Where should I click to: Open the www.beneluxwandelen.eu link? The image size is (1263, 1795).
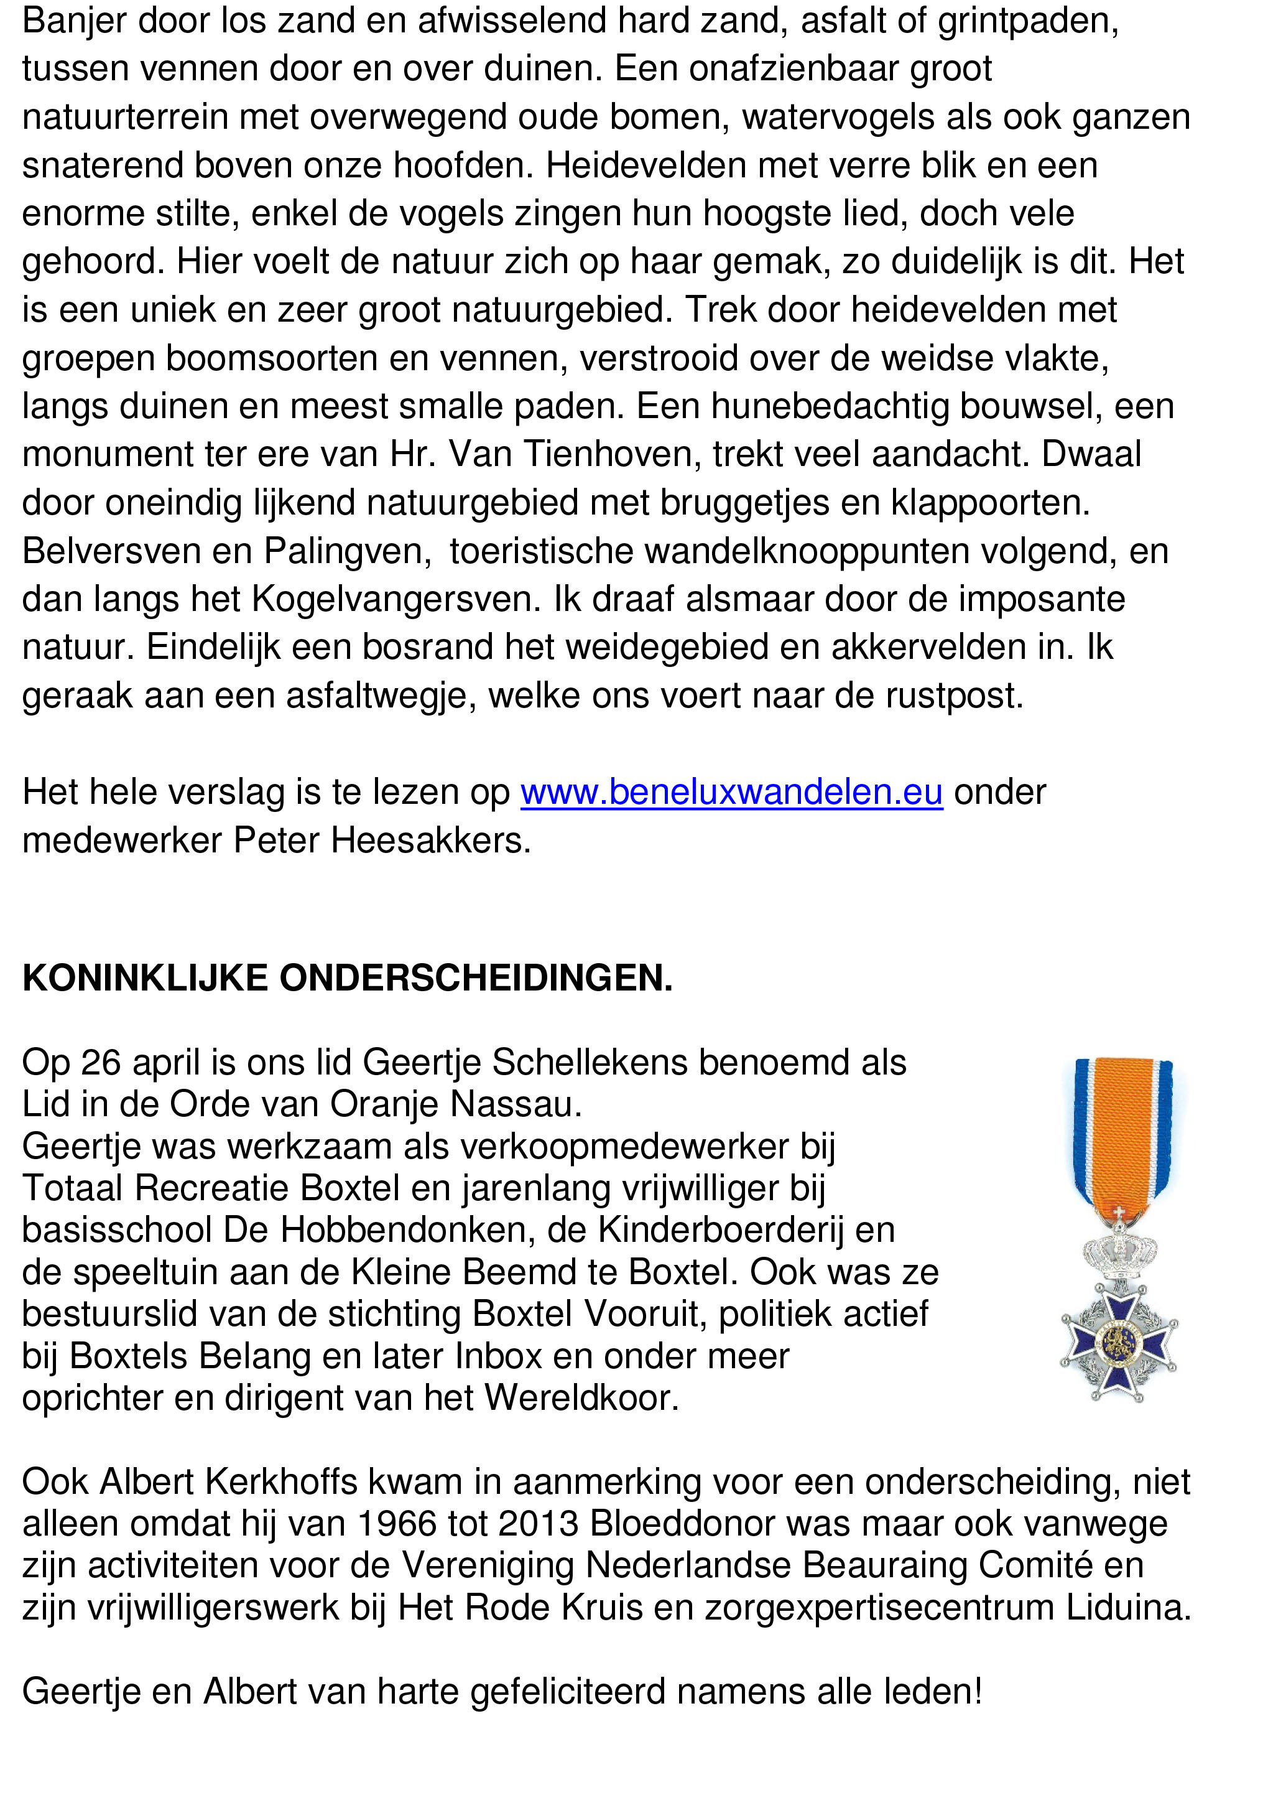click(731, 792)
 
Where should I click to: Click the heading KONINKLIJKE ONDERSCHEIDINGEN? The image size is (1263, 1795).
click(347, 979)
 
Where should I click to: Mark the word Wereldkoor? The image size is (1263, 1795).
click(581, 1398)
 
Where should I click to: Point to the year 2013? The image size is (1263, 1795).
click(537, 1524)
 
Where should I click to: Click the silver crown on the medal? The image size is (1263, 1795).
click(1119, 1251)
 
